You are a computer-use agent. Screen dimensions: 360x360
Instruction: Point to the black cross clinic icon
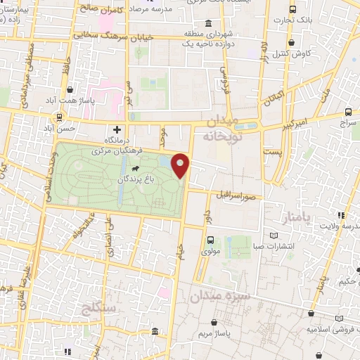[117, 130]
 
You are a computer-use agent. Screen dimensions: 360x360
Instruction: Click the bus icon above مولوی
[210, 240]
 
